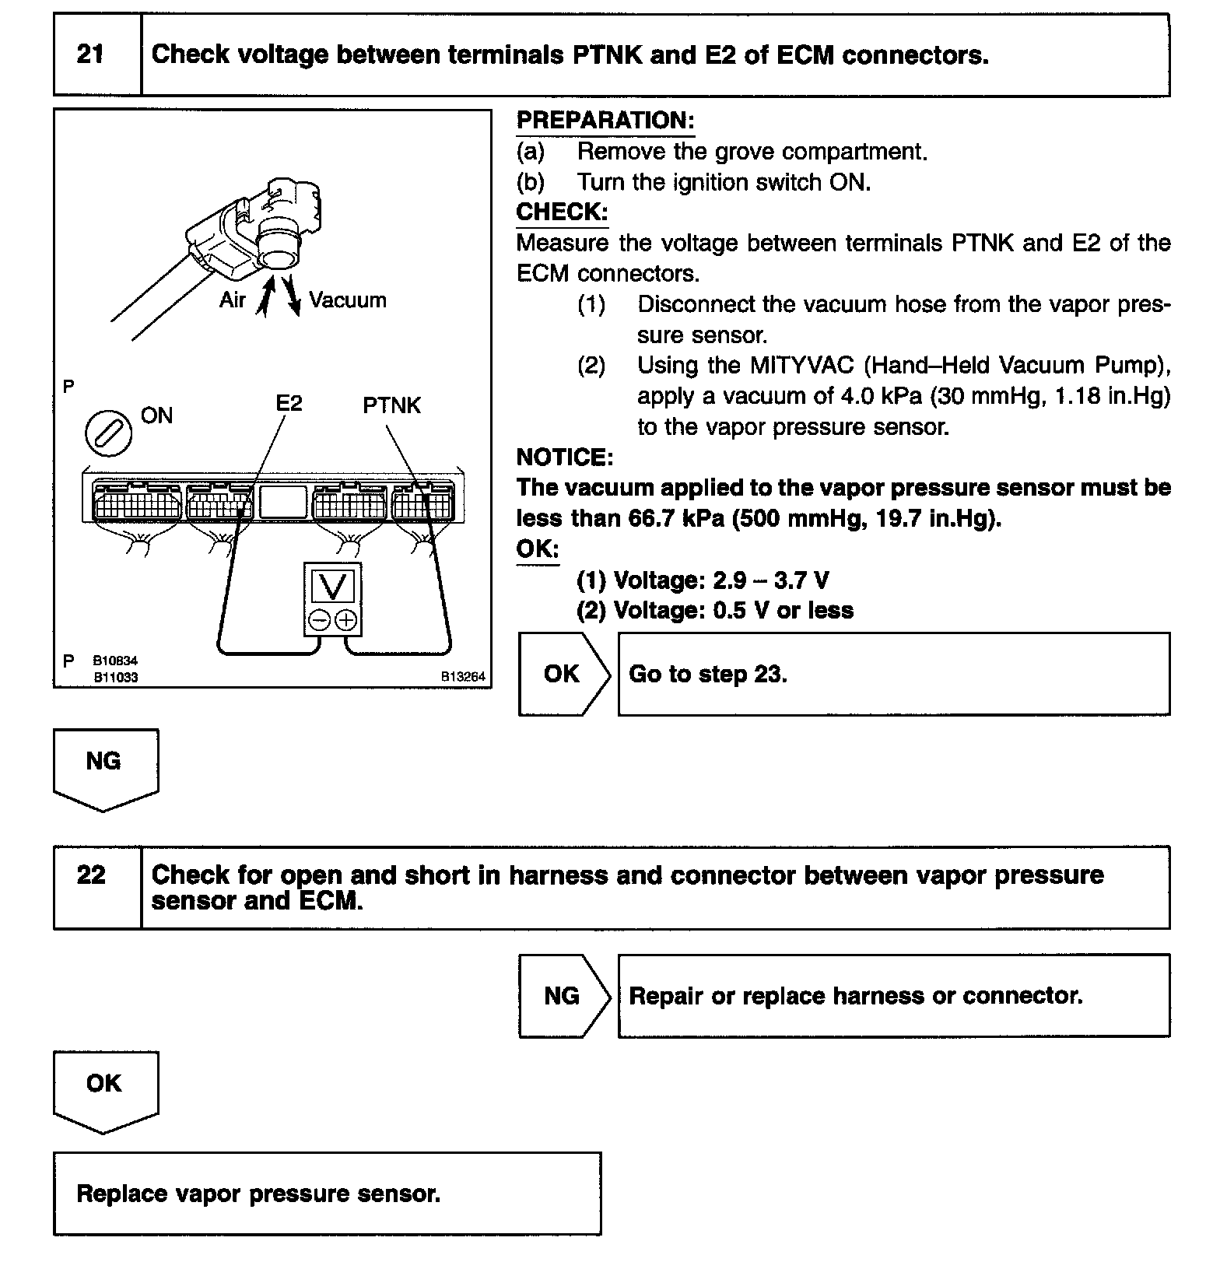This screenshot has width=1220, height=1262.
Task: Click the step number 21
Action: point(90,54)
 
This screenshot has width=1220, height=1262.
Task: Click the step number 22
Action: point(90,875)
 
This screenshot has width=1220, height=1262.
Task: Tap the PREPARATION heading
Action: point(605,121)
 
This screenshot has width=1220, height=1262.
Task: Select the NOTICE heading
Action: point(564,457)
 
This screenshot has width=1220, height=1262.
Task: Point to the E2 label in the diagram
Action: point(289,403)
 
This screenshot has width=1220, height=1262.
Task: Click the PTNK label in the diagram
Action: point(391,405)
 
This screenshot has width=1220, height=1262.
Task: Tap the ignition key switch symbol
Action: point(108,433)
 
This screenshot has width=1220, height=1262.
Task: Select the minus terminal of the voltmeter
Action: point(319,620)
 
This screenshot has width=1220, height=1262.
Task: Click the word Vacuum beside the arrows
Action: point(347,300)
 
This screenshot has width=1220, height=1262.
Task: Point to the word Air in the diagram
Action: point(232,300)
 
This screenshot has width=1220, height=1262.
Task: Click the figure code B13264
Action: point(463,677)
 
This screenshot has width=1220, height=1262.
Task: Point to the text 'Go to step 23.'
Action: point(707,674)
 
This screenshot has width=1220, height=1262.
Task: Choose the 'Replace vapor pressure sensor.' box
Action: point(327,1194)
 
